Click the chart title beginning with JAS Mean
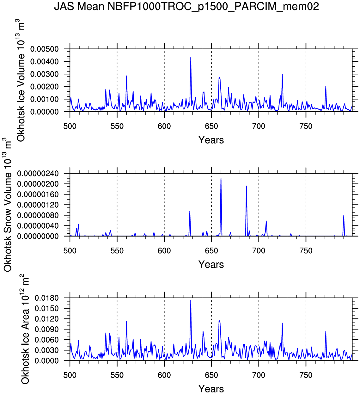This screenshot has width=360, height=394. pyautogui.click(x=186, y=6)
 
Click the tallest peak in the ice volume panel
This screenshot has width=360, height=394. pyautogui.click(x=191, y=58)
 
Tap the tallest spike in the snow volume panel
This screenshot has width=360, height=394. pyautogui.click(x=221, y=178)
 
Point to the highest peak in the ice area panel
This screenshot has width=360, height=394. pyautogui.click(x=191, y=301)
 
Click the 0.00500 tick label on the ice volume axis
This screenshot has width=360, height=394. pyautogui.click(x=45, y=49)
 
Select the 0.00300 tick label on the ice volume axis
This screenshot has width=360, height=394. pyautogui.click(x=45, y=74)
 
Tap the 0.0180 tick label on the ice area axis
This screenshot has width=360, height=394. pyautogui.click(x=47, y=298)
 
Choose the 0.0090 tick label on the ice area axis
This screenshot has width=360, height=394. pyautogui.click(x=47, y=329)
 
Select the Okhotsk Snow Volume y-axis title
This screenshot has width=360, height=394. pyautogui.click(x=8, y=205)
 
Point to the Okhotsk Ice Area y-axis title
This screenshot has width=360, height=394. pyautogui.click(x=25, y=329)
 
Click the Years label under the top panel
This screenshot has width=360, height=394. pyautogui.click(x=211, y=140)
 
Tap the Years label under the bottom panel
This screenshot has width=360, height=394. pyautogui.click(x=211, y=389)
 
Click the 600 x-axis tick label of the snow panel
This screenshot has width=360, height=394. pyautogui.click(x=164, y=251)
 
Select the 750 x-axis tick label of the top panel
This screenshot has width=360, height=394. pyautogui.click(x=306, y=126)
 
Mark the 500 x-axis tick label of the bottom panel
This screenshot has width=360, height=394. pyautogui.click(x=70, y=375)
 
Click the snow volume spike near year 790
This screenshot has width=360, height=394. pyautogui.click(x=344, y=216)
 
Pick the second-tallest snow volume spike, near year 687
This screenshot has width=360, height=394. pyautogui.click(x=246, y=186)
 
